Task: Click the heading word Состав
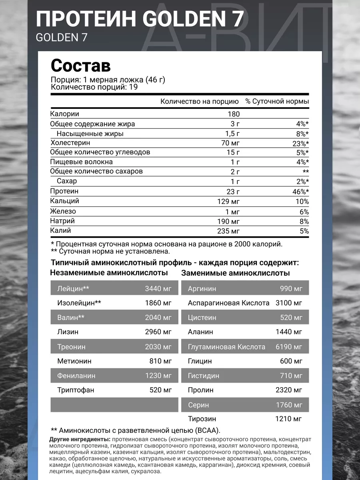[x=80, y=65]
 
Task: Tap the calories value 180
[x=234, y=114]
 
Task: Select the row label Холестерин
[x=70, y=143]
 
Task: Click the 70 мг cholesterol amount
[x=230, y=143]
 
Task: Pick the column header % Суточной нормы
[x=277, y=102]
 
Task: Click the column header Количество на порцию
[x=199, y=102]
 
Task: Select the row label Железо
[x=63, y=211]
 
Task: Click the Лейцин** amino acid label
[x=73, y=288]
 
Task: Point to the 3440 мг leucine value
[x=158, y=288]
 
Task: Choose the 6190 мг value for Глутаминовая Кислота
[x=289, y=347]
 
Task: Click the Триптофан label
[x=76, y=390]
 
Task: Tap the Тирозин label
[x=202, y=419]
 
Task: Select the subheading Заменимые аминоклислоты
[x=236, y=274]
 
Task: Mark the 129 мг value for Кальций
[x=226, y=202]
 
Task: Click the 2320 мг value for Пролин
[x=289, y=390]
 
